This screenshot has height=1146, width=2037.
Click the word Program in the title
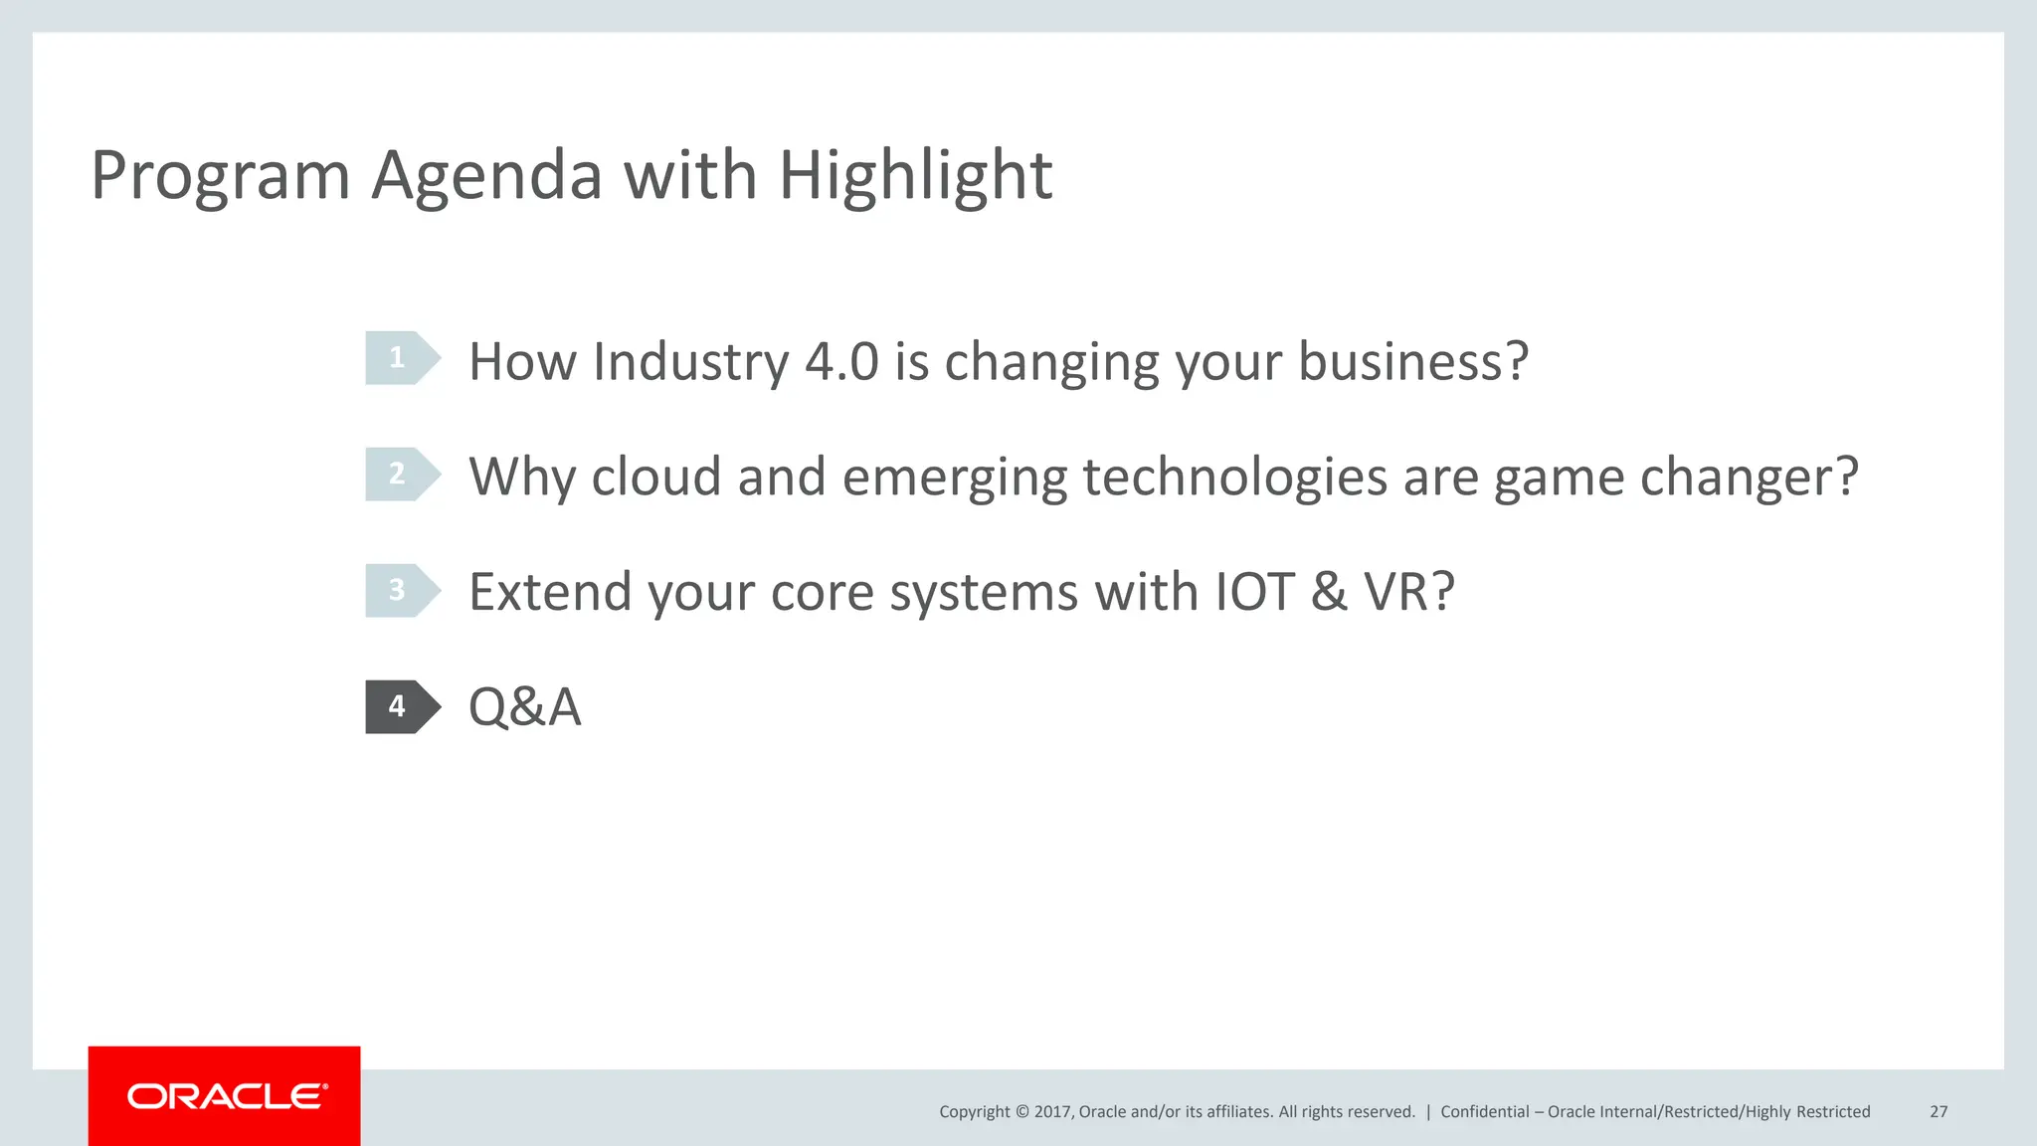pos(220,177)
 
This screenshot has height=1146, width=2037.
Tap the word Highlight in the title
pos(914,177)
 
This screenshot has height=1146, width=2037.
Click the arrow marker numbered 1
pos(401,358)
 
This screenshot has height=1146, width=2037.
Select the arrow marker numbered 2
pos(401,475)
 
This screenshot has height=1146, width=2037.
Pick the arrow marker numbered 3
pos(401,591)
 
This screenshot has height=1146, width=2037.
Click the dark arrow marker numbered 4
pos(401,707)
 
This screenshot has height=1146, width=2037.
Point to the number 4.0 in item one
pos(841,361)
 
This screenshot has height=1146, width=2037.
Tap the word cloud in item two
pos(655,477)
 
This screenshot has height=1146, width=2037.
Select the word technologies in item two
pos(1234,477)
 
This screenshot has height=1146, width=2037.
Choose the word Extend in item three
pos(550,593)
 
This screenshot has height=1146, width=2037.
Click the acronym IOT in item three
pos(1254,593)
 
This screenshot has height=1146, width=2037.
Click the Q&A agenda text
pos(524,708)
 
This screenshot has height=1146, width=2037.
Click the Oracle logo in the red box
pos(226,1096)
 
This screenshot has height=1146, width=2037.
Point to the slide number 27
pos(1939,1112)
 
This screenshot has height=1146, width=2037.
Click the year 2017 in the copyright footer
pos(1052,1112)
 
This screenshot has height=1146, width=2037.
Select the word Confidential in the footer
pos(1484,1112)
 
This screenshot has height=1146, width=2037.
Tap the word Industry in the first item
pos(690,361)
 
